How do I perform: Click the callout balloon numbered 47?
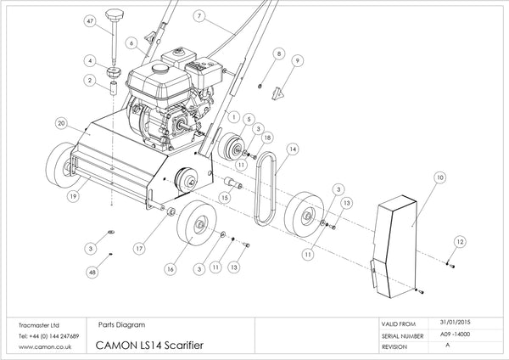pos(90,21)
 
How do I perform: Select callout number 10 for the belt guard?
pos(439,177)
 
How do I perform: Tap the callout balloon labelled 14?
pos(293,149)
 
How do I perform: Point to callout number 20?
pos(61,123)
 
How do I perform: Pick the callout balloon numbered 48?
pos(92,272)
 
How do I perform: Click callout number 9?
pos(298,60)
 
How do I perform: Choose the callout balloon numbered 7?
pos(199,16)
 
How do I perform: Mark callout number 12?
pos(460,241)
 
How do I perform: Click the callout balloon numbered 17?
pos(139,249)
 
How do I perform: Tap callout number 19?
pos(73,196)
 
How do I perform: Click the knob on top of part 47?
pos(115,14)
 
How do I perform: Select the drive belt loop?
pos(266,188)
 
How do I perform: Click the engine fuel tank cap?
pos(160,68)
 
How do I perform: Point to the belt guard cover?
pos(394,246)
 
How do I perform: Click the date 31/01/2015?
pos(455,323)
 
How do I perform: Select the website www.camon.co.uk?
pos(45,346)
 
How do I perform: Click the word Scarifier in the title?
pos(184,345)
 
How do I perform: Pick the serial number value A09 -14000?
pos(455,335)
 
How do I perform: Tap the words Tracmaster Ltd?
pos(39,325)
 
